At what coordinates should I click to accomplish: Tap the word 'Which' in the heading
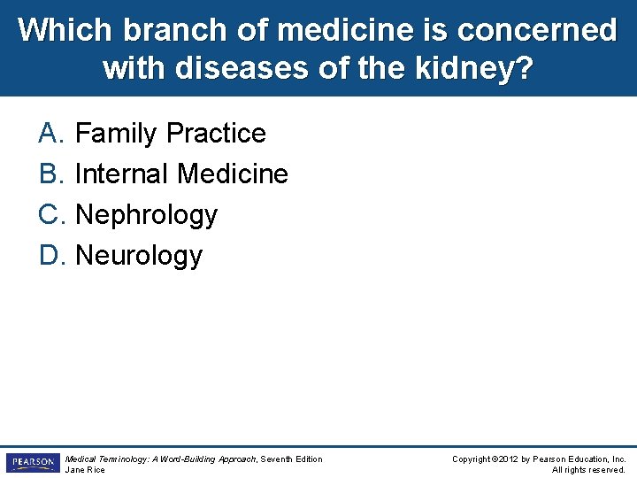tap(66, 30)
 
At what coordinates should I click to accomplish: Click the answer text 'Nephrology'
tap(146, 215)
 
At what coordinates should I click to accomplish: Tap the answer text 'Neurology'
tap(139, 256)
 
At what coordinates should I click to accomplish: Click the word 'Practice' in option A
tap(216, 134)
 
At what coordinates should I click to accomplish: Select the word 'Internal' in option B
tap(123, 174)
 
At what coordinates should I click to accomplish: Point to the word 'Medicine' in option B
tap(233, 174)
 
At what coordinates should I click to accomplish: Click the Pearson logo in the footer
tap(32, 463)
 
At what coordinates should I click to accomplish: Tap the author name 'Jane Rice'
tap(85, 470)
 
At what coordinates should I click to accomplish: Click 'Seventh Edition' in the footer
tap(291, 459)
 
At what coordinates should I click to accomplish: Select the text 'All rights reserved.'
tap(588, 470)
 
